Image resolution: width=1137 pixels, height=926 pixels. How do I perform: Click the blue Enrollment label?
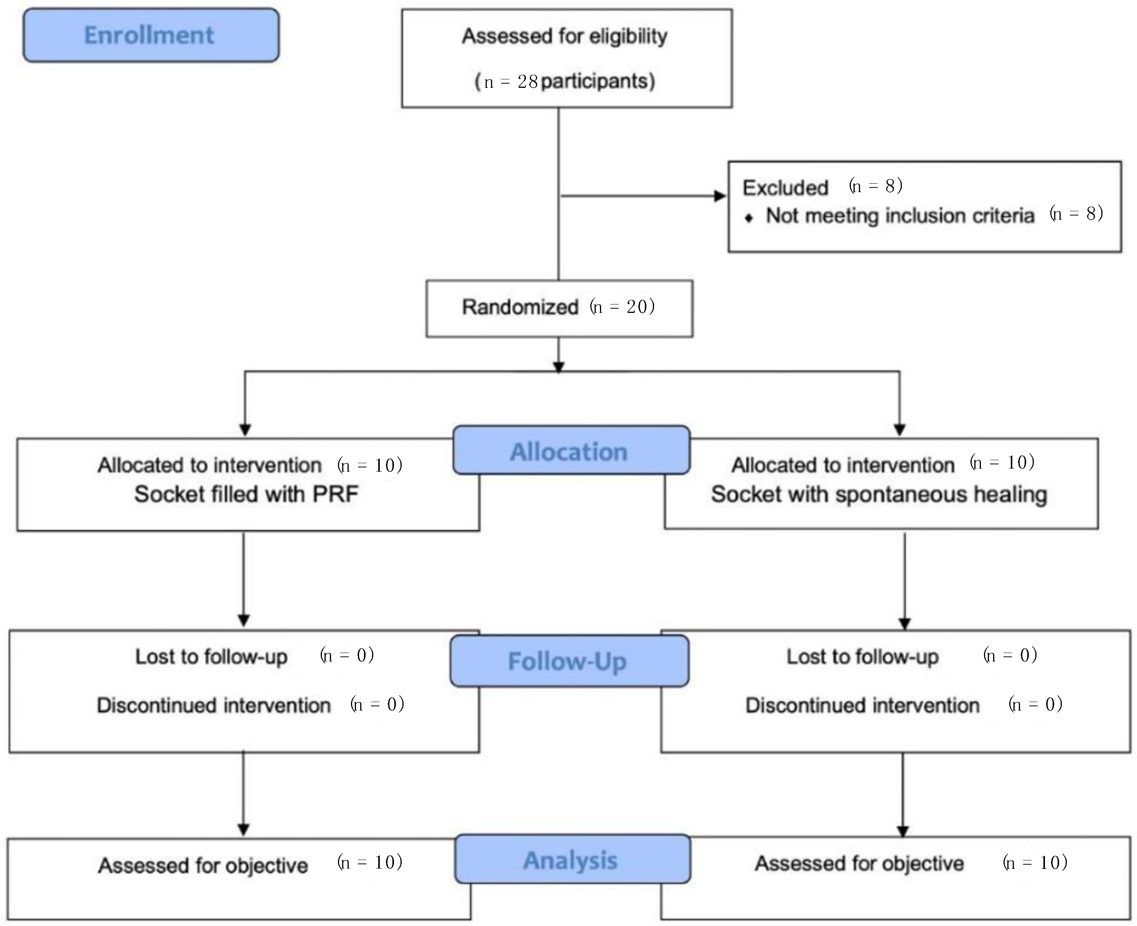coord(150,35)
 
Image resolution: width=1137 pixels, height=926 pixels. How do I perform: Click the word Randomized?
coord(520,307)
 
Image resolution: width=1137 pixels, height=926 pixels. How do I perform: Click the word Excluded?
coord(785,188)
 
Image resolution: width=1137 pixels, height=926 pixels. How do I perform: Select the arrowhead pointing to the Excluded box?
coord(720,196)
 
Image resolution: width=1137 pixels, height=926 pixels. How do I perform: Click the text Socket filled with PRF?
coord(246,494)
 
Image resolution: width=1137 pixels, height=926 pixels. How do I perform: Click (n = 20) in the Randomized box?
coord(622,307)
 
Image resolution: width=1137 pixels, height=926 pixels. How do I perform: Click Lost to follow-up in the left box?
coord(211,656)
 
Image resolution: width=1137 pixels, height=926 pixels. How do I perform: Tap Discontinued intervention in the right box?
coord(862,705)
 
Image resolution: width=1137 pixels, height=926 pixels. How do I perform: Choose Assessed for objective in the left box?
coord(203,865)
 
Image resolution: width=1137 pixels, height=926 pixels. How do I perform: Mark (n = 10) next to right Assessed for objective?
coord(1035,862)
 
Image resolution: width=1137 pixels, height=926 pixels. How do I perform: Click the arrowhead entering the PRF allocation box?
coord(245,430)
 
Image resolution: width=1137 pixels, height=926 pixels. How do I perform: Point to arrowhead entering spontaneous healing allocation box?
coord(900,430)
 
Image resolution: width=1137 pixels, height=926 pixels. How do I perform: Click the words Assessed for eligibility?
coord(565,36)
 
